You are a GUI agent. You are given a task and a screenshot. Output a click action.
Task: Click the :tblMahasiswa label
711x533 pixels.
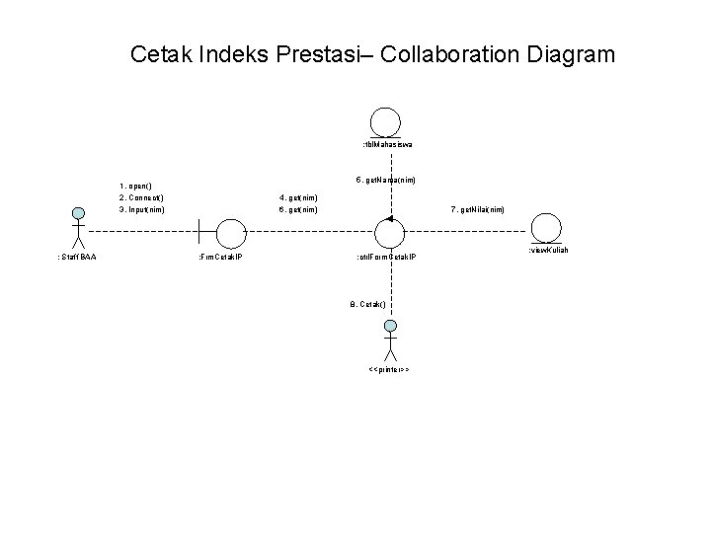click(x=387, y=145)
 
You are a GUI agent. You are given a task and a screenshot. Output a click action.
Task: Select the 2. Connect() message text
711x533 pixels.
click(x=141, y=197)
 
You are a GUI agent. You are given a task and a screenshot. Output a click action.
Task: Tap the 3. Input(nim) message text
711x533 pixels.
click(x=142, y=209)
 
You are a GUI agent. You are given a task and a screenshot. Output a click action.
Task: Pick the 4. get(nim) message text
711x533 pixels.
click(x=299, y=197)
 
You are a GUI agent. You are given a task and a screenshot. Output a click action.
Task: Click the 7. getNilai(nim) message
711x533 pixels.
click(x=478, y=209)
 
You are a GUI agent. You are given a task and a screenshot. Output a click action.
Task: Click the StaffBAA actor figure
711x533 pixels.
click(x=76, y=227)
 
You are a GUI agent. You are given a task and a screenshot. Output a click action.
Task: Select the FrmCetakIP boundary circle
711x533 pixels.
click(x=229, y=233)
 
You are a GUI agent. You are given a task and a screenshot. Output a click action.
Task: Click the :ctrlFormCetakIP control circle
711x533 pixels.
click(x=391, y=233)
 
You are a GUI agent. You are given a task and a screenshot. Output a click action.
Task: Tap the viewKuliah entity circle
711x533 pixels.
click(x=545, y=228)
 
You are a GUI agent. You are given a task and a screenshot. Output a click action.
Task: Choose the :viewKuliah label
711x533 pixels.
click(x=548, y=251)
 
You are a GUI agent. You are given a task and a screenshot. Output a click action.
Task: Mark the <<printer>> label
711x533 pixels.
click(x=389, y=370)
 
